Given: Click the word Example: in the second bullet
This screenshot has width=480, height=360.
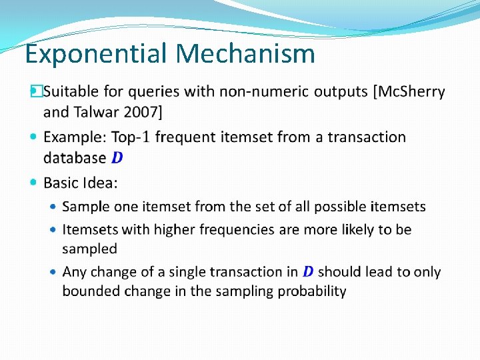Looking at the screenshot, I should (x=75, y=137).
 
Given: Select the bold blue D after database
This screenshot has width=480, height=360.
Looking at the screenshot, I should (x=117, y=158).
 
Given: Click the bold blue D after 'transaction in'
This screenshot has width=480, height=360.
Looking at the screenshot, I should (x=308, y=272).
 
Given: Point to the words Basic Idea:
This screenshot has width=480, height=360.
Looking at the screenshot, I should (x=80, y=183).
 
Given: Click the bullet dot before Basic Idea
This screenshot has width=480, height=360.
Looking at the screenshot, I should (x=34, y=182).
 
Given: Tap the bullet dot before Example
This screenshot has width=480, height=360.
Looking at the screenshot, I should (x=34, y=137).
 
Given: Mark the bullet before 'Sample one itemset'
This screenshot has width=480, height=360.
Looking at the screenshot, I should (x=53, y=207).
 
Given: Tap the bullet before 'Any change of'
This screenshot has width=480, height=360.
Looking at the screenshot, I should (x=53, y=272).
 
